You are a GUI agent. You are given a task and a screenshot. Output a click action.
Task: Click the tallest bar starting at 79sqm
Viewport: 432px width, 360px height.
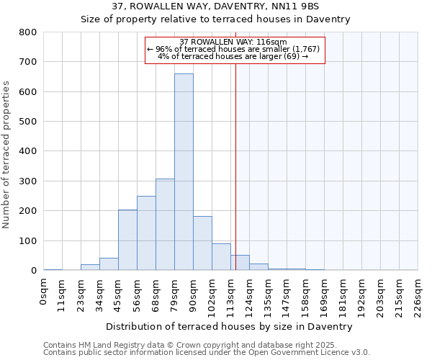pyautogui.click(x=184, y=173)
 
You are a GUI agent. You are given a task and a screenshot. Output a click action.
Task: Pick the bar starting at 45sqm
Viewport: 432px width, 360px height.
pyautogui.click(x=127, y=240)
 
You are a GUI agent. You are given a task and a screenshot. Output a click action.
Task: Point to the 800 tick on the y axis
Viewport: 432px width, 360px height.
pyautogui.click(x=28, y=32)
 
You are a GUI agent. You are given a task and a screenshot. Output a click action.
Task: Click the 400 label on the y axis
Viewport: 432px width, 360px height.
pyautogui.click(x=28, y=151)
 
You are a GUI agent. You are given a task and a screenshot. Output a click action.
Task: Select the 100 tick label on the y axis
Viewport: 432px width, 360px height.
pyautogui.click(x=28, y=240)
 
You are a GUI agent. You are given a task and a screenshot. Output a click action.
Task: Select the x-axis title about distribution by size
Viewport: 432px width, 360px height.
pyautogui.click(x=230, y=326)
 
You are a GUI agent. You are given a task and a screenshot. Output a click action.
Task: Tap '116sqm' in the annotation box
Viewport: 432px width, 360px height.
pyautogui.click(x=274, y=42)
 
